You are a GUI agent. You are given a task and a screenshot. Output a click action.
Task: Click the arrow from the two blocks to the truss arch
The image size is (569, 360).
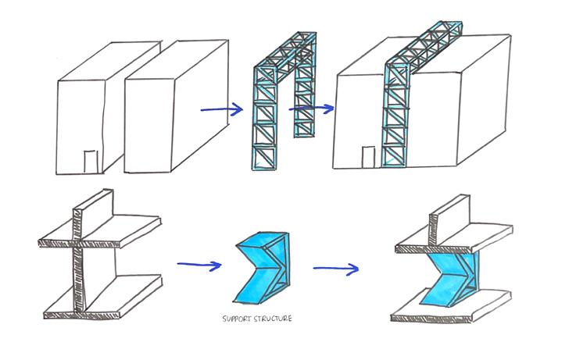click(x=221, y=109)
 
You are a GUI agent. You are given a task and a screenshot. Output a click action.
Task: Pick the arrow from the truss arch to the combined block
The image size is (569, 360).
click(x=312, y=109)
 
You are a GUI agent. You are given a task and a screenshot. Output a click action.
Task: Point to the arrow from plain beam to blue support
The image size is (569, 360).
click(x=199, y=265)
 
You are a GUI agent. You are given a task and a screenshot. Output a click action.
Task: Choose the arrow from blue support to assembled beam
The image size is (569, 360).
click(x=336, y=269)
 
